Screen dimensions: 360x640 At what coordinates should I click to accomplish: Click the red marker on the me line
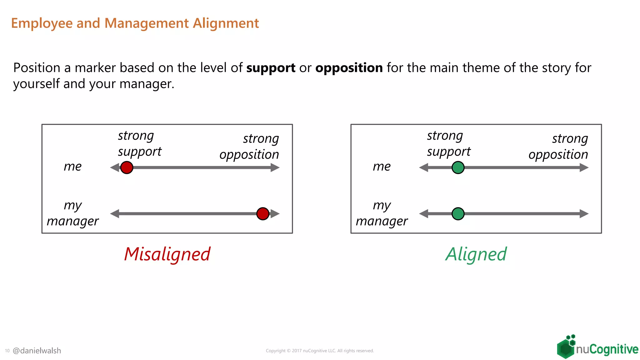point(127,167)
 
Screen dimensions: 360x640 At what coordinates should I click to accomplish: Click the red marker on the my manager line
point(262,214)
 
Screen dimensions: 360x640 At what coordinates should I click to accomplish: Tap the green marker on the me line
point(458,167)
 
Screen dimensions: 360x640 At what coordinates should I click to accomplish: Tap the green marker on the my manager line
point(458,214)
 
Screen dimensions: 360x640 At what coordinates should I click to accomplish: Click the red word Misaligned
point(167,254)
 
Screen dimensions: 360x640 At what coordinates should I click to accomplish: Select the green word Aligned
point(476,254)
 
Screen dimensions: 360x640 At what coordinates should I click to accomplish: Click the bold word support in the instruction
point(271,68)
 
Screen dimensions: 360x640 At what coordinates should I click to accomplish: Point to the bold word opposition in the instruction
point(349,68)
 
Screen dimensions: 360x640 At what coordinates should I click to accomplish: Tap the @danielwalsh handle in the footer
point(37,351)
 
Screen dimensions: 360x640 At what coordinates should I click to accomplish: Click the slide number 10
point(7,351)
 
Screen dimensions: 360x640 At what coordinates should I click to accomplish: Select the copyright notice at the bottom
point(320,351)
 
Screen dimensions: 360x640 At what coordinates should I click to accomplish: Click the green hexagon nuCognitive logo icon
point(566,347)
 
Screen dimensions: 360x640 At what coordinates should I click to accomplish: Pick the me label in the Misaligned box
point(72,166)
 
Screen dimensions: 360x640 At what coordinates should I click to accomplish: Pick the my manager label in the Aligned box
point(382,213)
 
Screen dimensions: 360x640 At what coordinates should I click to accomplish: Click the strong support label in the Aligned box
point(448,143)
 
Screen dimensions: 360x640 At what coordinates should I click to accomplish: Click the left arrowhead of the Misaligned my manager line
point(115,214)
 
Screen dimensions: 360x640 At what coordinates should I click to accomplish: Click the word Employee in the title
point(42,23)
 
